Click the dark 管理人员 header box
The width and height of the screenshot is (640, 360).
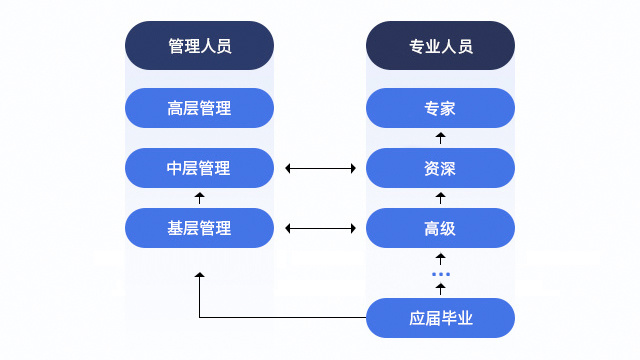coord(199,46)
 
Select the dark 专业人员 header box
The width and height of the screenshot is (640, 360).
coord(440,46)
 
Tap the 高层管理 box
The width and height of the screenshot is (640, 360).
coord(199,108)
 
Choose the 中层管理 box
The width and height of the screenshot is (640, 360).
coord(199,168)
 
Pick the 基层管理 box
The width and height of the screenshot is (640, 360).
coord(199,228)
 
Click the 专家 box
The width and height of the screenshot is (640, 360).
coord(440,108)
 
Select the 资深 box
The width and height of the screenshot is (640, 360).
coord(440,168)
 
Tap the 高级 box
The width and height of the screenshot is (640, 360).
coord(440,228)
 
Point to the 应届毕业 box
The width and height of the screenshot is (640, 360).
coord(440,318)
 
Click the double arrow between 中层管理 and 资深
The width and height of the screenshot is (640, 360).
coord(320,168)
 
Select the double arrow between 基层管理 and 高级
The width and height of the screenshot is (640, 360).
coord(320,228)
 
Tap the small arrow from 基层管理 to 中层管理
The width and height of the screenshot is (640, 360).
coord(199,198)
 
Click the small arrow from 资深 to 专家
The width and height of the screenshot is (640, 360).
coord(440,138)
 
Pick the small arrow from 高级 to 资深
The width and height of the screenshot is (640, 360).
coord(440,198)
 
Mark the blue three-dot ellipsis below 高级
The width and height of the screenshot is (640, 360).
coord(440,274)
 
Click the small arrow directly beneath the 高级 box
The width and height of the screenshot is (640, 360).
coord(440,259)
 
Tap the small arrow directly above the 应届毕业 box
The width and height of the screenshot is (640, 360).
coord(440,289)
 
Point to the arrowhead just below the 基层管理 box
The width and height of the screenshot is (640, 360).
coord(199,275)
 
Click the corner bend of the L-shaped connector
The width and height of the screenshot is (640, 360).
coord(200,318)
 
